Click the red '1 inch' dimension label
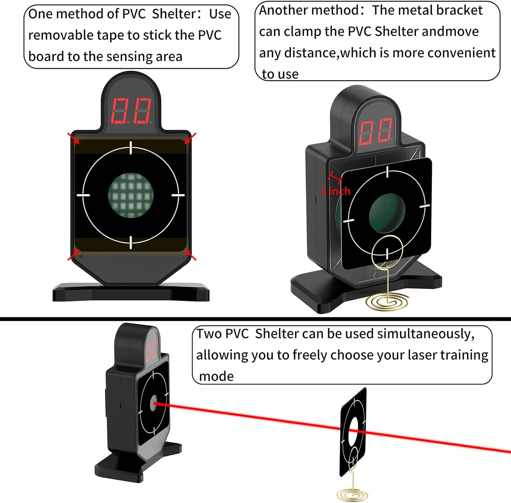coord(336,191)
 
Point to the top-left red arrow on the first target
coord(73,138)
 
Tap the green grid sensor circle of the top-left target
coord(131,195)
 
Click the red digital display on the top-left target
coord(131,111)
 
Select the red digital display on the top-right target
coord(376,131)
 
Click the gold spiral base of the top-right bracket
coord(387,301)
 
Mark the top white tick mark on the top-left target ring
coord(131,148)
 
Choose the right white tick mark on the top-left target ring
coord(177,195)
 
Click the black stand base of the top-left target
coord(131,293)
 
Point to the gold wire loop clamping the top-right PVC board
coord(387,251)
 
